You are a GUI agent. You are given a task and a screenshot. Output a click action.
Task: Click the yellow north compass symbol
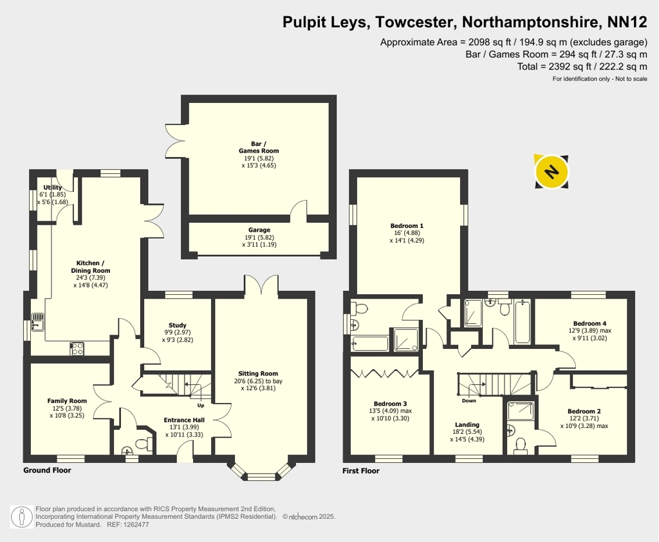(x=552, y=172)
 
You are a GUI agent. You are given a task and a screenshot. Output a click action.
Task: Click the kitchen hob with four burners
(x=77, y=349)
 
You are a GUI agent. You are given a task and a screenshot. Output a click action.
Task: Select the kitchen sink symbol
(x=37, y=322)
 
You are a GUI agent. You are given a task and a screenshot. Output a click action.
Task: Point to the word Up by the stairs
(x=201, y=406)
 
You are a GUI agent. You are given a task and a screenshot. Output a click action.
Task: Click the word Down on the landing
(x=469, y=401)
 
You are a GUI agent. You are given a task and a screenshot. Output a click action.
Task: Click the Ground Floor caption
(x=47, y=470)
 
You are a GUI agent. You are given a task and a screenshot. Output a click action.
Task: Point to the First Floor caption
(x=360, y=471)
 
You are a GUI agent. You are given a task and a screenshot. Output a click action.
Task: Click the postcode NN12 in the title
(x=627, y=22)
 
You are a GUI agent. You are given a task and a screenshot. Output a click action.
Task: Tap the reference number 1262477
(x=135, y=525)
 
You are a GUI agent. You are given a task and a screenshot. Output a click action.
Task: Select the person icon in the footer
(x=22, y=517)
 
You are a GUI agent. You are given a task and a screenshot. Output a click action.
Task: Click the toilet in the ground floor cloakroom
(x=142, y=443)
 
